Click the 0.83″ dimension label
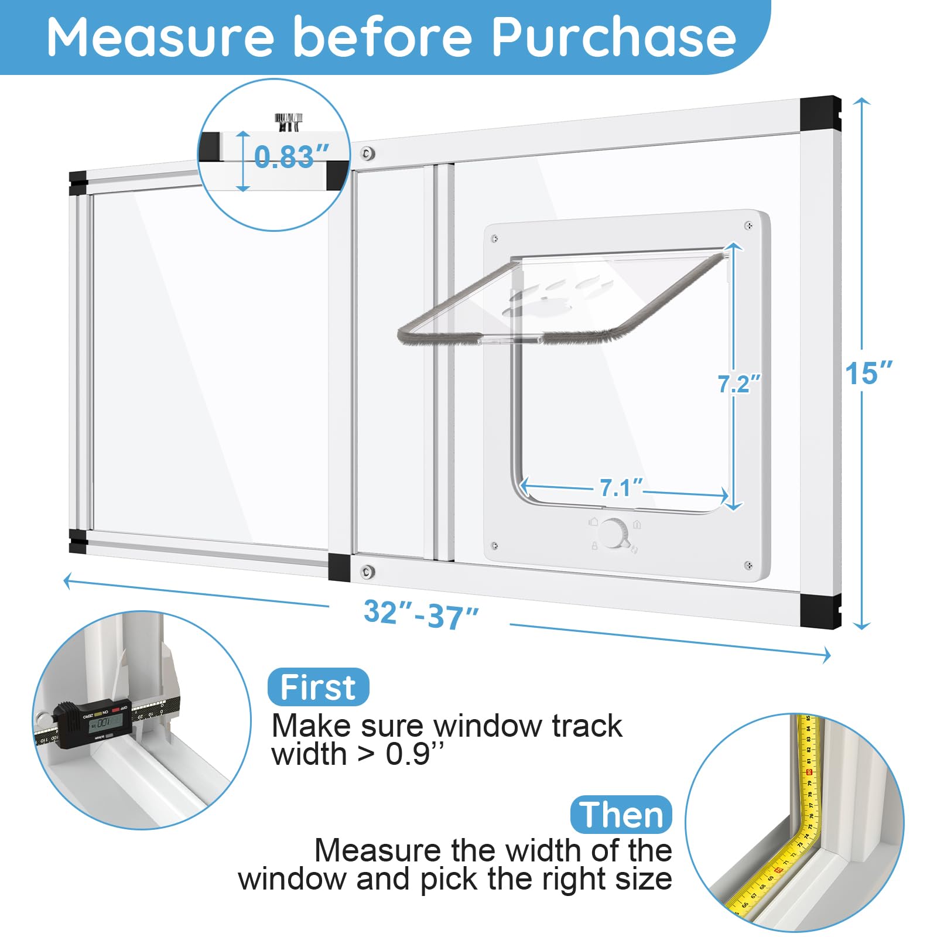292,157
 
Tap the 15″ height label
868,373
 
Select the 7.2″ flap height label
739,384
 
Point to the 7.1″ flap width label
621,487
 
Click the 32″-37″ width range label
421,614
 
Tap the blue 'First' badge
318,687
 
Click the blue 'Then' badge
621,815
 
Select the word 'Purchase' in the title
613,37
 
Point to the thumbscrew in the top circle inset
289,122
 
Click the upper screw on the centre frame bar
367,154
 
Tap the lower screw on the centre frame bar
367,572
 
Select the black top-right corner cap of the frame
820,115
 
